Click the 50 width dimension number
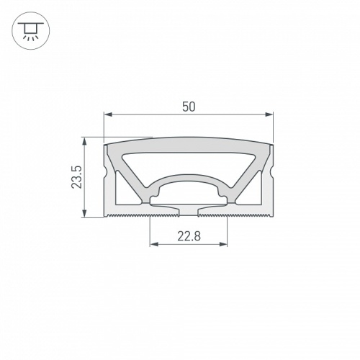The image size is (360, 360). coord(189,106)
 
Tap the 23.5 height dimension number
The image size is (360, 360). coord(77,176)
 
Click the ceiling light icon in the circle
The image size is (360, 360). coord(29,30)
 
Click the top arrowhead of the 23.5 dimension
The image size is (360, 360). coord(86,141)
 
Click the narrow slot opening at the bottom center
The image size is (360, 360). coord(189,212)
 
